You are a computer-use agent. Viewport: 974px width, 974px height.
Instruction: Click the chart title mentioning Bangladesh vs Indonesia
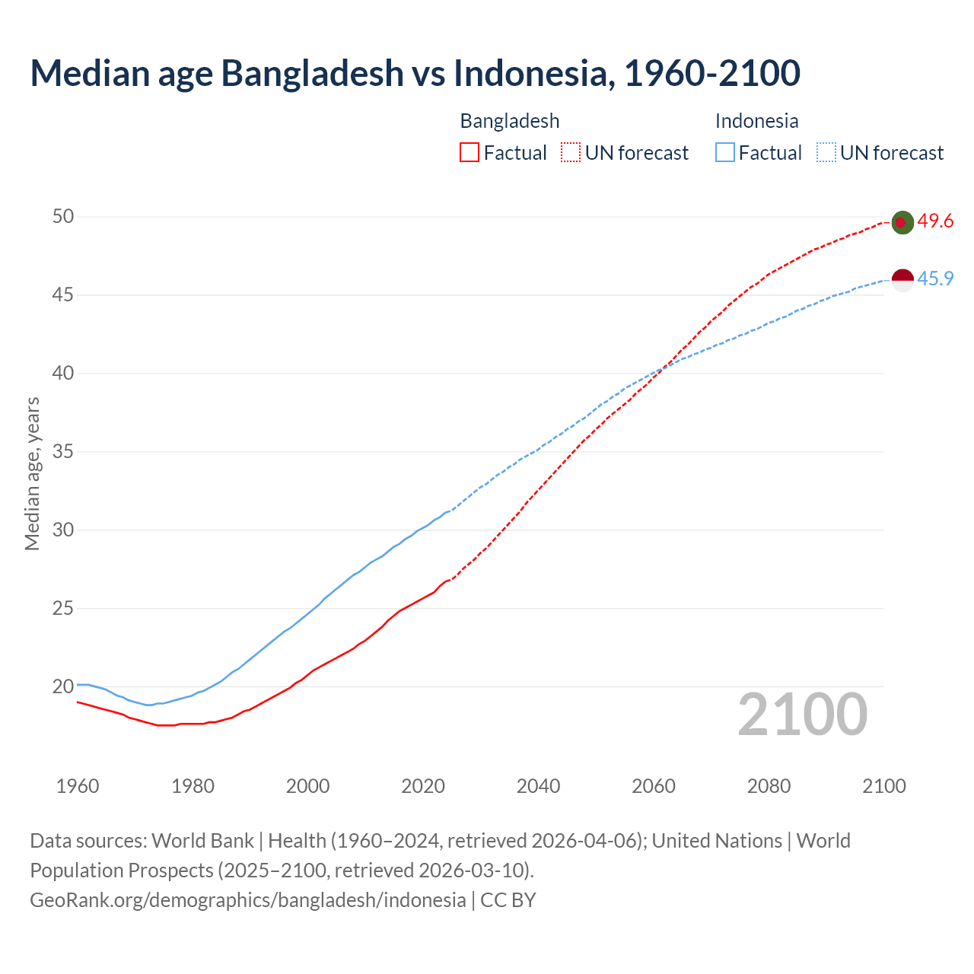pyautogui.click(x=415, y=73)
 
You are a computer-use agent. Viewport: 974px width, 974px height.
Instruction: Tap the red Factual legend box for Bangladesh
pyautogui.click(x=469, y=153)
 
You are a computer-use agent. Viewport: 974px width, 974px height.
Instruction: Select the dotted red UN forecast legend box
pyautogui.click(x=571, y=153)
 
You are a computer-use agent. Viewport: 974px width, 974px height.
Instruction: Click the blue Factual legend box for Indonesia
pyautogui.click(x=725, y=153)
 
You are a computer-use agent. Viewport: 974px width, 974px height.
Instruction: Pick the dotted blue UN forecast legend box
pyautogui.click(x=826, y=153)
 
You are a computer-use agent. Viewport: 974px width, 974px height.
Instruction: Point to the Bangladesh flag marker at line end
pyautogui.click(x=902, y=222)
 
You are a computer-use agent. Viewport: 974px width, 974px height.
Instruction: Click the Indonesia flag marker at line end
pyautogui.click(x=902, y=279)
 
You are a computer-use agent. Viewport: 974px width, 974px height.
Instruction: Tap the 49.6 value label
pyautogui.click(x=935, y=221)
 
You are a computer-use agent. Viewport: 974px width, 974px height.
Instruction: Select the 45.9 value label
pyautogui.click(x=935, y=279)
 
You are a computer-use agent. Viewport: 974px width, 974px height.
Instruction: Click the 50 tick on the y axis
pyautogui.click(x=63, y=217)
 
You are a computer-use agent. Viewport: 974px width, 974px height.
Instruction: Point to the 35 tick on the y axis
pyautogui.click(x=63, y=452)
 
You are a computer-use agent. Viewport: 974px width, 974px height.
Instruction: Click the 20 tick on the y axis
pyautogui.click(x=63, y=686)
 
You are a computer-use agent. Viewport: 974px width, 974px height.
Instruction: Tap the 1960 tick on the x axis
pyautogui.click(x=78, y=786)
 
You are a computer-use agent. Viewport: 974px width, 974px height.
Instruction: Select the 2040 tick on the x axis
pyautogui.click(x=538, y=786)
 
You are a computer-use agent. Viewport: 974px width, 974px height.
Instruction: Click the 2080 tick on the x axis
pyautogui.click(x=769, y=786)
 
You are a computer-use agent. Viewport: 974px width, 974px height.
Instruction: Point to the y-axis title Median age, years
pyautogui.click(x=32, y=473)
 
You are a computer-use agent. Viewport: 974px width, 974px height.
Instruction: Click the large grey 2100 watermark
pyautogui.click(x=803, y=715)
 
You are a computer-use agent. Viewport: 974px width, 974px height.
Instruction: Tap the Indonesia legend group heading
pyautogui.click(x=756, y=121)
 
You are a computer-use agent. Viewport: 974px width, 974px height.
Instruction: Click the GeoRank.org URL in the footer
pyautogui.click(x=247, y=900)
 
